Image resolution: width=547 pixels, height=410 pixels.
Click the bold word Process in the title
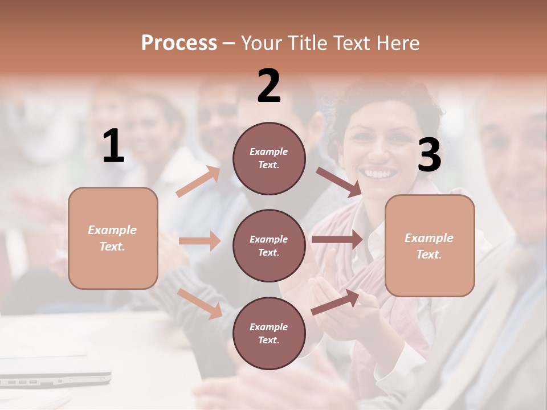click(179, 43)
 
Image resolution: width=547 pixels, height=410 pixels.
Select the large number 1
click(113, 146)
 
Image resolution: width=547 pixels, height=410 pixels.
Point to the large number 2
click(269, 86)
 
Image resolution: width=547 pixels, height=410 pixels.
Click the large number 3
click(429, 155)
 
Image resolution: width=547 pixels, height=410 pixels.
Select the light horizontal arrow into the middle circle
click(199, 241)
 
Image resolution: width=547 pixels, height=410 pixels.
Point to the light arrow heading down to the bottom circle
click(200, 303)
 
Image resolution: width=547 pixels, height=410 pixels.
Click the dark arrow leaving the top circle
click(338, 182)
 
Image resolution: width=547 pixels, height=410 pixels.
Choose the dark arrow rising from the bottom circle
click(335, 302)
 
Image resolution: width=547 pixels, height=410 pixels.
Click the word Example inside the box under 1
click(112, 230)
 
